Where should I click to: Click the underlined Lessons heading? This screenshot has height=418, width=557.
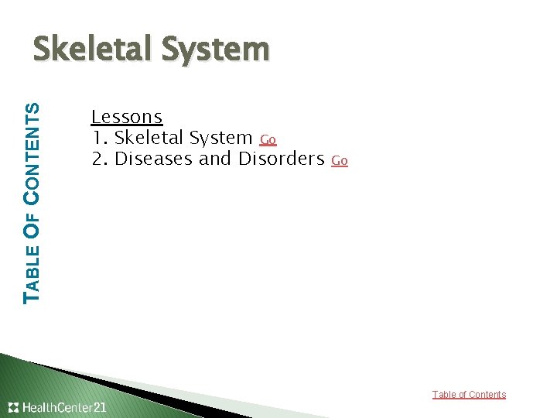click(x=127, y=117)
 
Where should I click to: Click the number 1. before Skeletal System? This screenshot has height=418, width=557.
click(x=99, y=138)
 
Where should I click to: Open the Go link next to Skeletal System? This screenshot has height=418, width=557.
click(x=268, y=140)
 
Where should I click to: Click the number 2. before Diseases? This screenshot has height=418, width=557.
click(x=100, y=159)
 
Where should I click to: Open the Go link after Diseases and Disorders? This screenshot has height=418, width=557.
click(x=339, y=161)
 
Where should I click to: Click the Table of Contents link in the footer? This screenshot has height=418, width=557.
click(x=469, y=395)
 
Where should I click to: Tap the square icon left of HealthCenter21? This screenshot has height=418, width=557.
click(x=13, y=407)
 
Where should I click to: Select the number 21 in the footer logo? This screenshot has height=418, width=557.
click(x=99, y=407)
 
